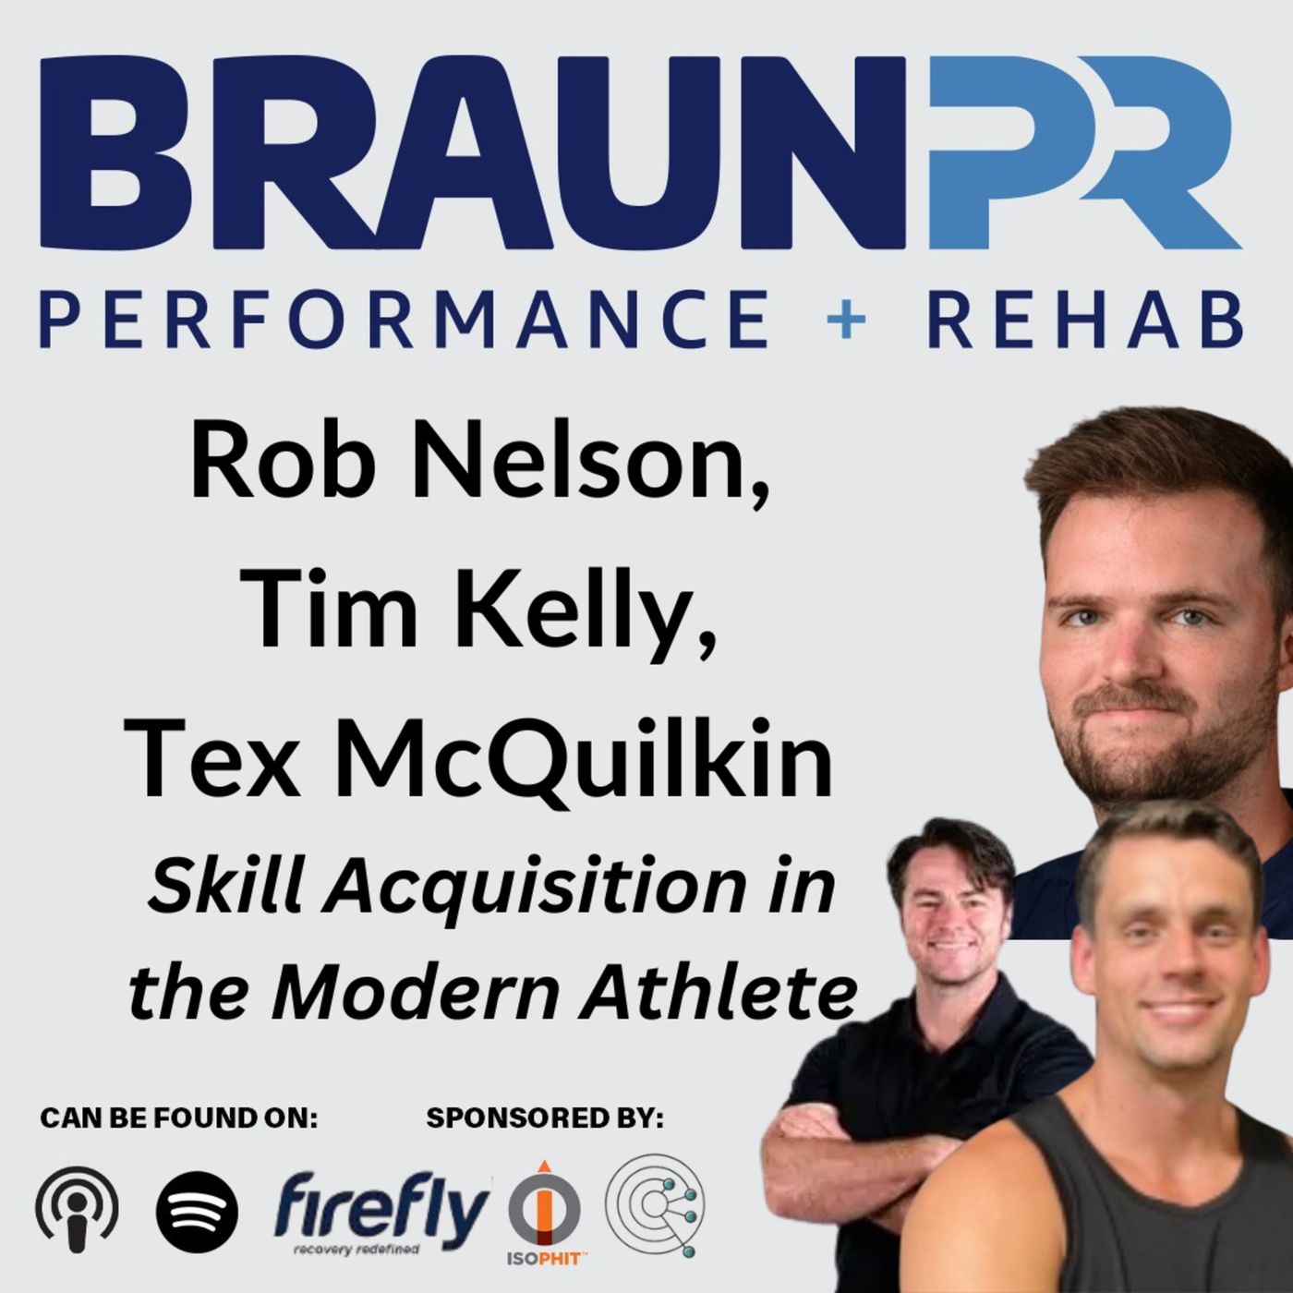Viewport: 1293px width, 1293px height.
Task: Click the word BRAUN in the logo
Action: (x=471, y=152)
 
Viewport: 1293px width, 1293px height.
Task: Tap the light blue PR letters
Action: (x=1081, y=152)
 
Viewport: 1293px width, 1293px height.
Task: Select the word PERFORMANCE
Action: (x=404, y=319)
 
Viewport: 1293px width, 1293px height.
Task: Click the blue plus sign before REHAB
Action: (x=846, y=320)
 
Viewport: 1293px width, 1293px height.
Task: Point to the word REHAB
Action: (x=1084, y=319)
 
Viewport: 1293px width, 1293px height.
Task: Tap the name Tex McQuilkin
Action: (x=478, y=759)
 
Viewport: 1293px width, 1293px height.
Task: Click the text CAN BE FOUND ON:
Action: (x=178, y=1118)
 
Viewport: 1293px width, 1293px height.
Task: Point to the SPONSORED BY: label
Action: (x=545, y=1118)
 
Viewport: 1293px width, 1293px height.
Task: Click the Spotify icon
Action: (x=197, y=1211)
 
